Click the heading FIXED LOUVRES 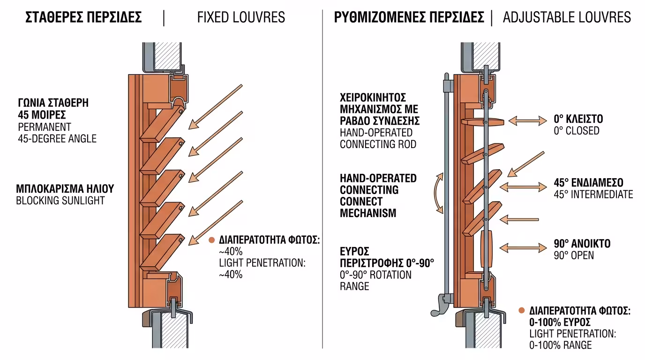tap(241, 18)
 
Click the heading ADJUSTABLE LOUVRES tap(567, 18)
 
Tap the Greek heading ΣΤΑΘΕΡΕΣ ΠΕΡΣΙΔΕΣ tap(83, 18)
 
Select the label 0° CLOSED tap(576, 131)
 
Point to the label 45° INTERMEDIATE tap(593, 194)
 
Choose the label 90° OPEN tap(573, 255)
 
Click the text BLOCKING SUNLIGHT tap(60, 201)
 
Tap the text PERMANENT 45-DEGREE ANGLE tap(57, 133)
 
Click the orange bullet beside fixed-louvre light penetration tap(212, 240)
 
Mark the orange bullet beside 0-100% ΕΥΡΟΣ tap(522, 310)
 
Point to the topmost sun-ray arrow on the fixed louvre tap(215, 106)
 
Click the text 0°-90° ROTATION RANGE tap(375, 280)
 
